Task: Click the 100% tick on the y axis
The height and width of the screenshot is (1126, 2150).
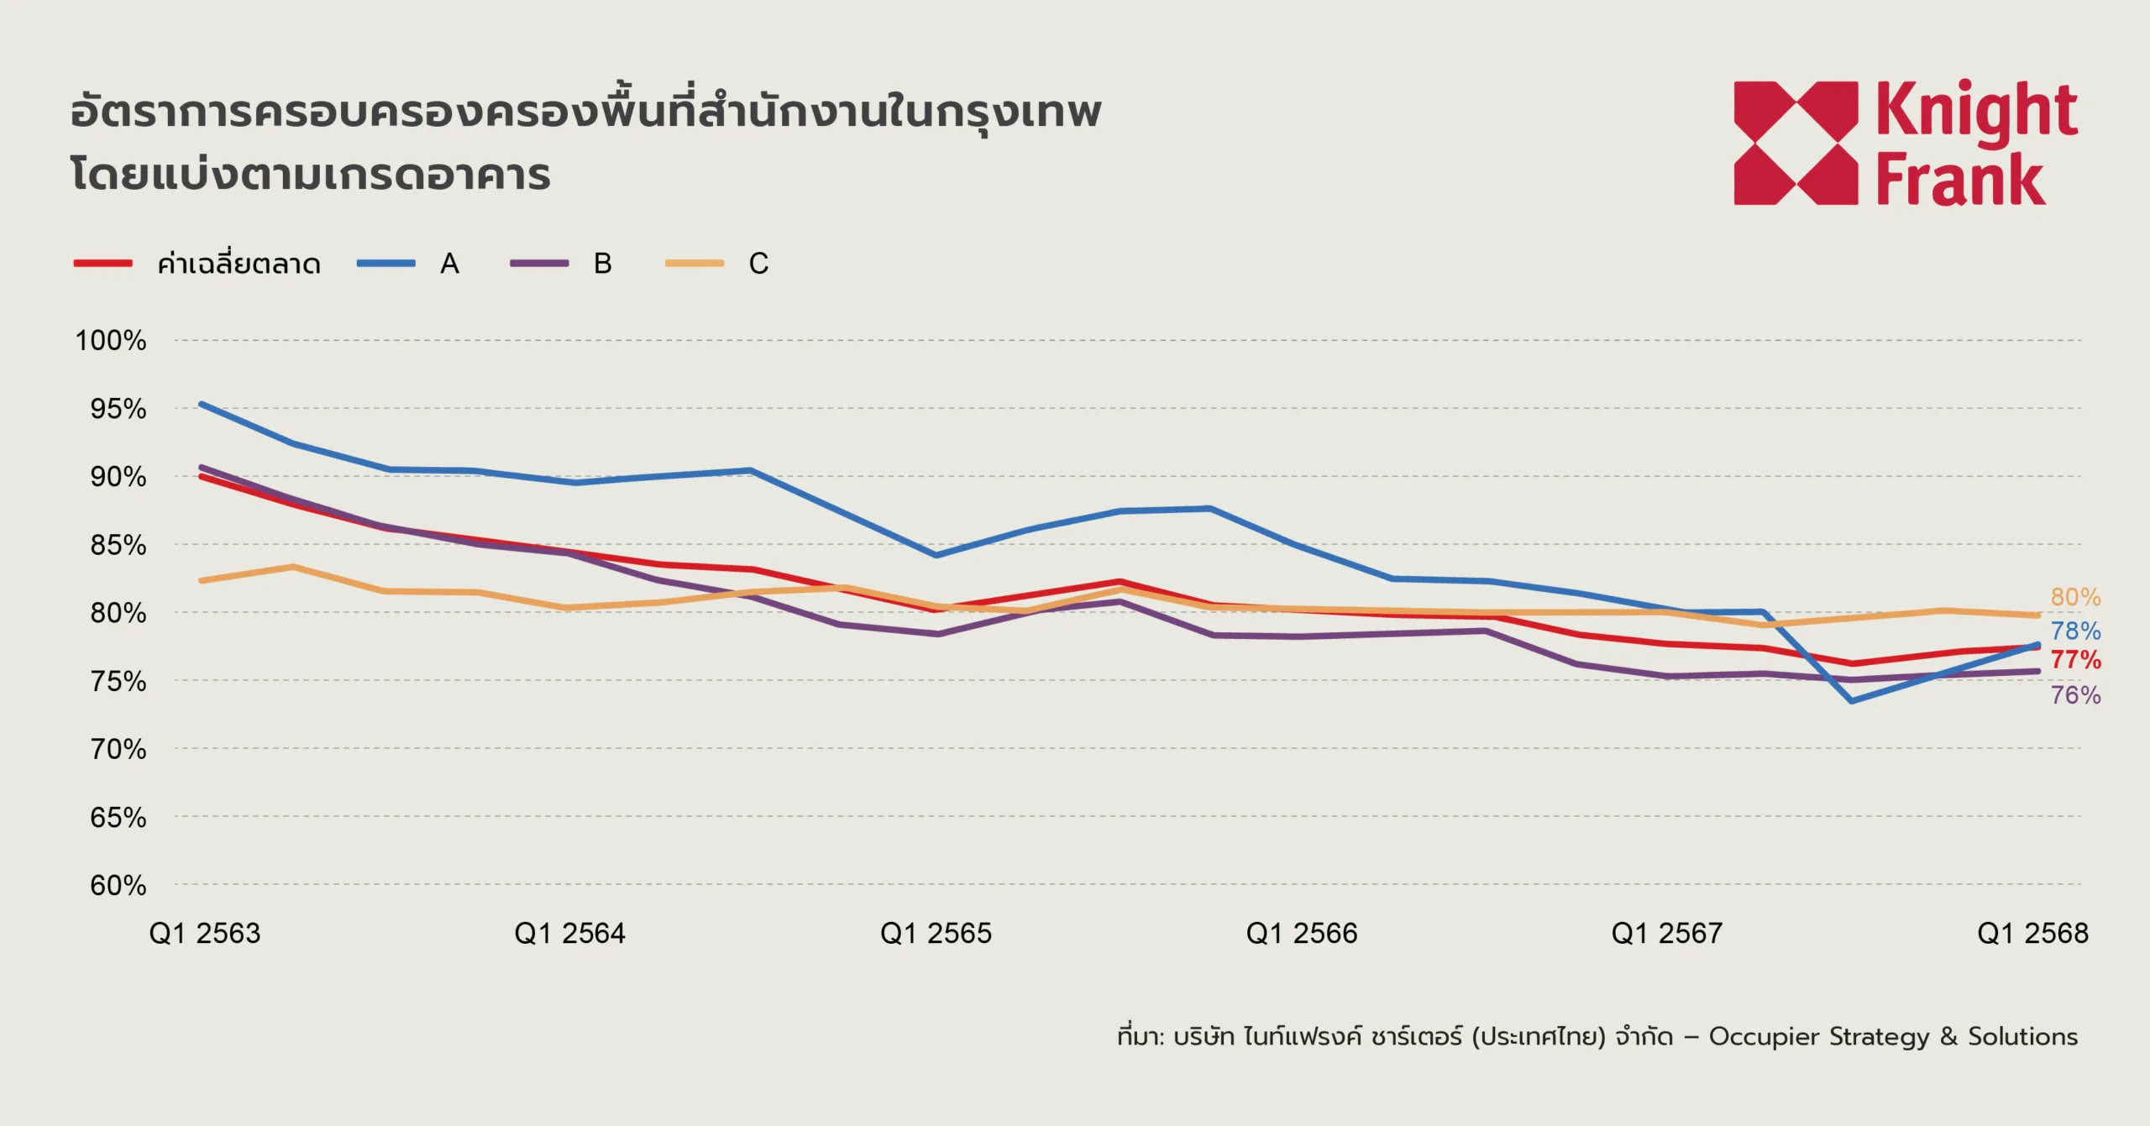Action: click(x=111, y=341)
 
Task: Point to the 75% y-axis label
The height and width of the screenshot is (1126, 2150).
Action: click(x=118, y=681)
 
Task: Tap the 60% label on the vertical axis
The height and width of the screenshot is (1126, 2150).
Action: click(x=118, y=885)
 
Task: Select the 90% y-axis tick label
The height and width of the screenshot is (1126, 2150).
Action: click(x=118, y=477)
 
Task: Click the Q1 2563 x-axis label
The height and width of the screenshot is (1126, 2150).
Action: click(x=205, y=933)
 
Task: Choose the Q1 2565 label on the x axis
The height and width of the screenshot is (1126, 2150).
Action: click(x=936, y=933)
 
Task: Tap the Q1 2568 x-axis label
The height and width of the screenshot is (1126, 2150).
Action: click(x=2032, y=933)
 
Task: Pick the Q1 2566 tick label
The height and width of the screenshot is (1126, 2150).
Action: click(x=1301, y=933)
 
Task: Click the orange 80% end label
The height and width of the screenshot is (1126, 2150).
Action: click(x=2075, y=597)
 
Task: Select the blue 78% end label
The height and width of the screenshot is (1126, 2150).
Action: click(x=2075, y=631)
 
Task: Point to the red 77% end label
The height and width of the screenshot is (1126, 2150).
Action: click(x=2075, y=660)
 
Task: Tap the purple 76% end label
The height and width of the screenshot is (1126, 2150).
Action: click(x=2075, y=695)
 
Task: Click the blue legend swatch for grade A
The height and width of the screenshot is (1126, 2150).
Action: click(x=385, y=264)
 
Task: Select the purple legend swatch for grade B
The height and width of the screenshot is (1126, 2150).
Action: click(x=539, y=264)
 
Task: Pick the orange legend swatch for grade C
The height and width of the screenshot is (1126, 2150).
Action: click(x=694, y=264)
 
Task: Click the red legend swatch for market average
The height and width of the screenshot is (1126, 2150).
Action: click(x=102, y=264)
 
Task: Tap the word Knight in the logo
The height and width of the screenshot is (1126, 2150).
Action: click(x=1976, y=112)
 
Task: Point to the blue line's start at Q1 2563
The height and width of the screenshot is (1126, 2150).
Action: click(x=202, y=405)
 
